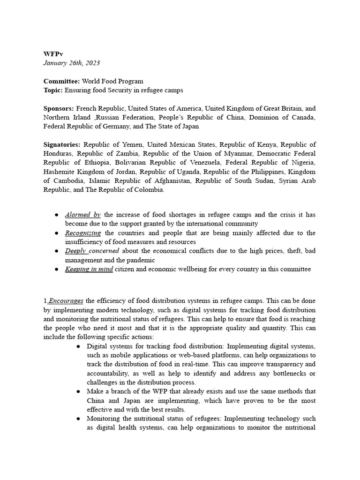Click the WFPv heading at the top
(53, 54)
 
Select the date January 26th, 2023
(71, 63)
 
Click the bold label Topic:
(53, 90)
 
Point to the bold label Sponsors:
(59, 108)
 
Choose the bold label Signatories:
(62, 144)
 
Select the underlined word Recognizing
(83, 233)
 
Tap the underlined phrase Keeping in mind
(89, 269)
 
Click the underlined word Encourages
(66, 301)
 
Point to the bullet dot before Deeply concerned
(57, 251)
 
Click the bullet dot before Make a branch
(78, 391)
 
